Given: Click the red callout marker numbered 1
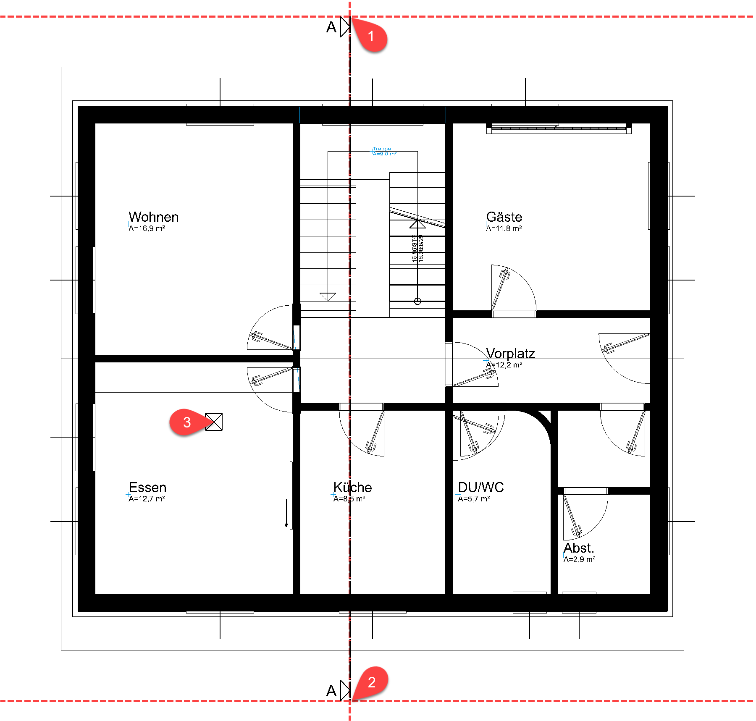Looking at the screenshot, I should pyautogui.click(x=371, y=37).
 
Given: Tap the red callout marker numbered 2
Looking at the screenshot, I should pyautogui.click(x=371, y=682).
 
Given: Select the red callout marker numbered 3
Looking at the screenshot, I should pyautogui.click(x=187, y=422).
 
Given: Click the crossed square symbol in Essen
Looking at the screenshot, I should pyautogui.click(x=214, y=422).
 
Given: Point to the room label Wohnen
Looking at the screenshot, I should pyautogui.click(x=153, y=217).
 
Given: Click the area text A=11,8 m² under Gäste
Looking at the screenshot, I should pyautogui.click(x=504, y=228).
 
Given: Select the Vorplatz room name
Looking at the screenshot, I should pyautogui.click(x=510, y=353).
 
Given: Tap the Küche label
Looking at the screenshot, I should pyautogui.click(x=352, y=487).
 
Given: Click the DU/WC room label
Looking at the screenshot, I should pyautogui.click(x=480, y=487).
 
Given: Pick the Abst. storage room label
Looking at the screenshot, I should pyautogui.click(x=578, y=548).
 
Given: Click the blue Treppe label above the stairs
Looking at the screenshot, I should pyautogui.click(x=382, y=149).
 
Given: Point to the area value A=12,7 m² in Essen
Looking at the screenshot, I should pyautogui.click(x=147, y=499).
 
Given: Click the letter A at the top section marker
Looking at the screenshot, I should pyautogui.click(x=331, y=27).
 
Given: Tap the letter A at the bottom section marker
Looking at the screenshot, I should pyautogui.click(x=331, y=691).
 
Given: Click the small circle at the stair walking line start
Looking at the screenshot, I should pyautogui.click(x=417, y=301).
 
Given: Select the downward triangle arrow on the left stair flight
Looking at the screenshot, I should pyautogui.click(x=328, y=296).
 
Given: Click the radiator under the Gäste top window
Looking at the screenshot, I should pyautogui.click(x=559, y=129).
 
